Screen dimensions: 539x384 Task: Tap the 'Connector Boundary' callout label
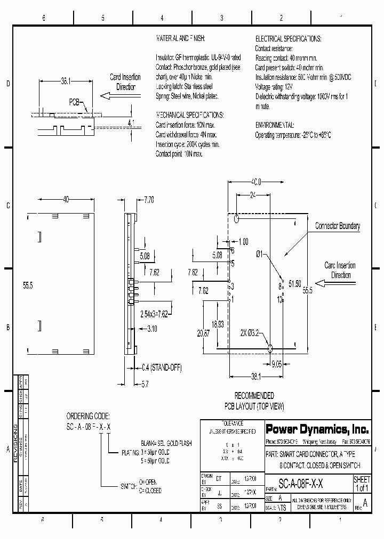tap(337, 226)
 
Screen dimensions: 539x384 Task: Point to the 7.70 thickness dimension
tap(149, 200)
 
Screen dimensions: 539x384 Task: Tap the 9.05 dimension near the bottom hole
tap(276, 364)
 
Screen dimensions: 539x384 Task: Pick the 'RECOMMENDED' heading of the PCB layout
tap(254, 396)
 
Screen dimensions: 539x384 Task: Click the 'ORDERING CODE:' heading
tap(88, 415)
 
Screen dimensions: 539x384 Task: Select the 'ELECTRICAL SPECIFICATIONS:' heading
tap(288, 39)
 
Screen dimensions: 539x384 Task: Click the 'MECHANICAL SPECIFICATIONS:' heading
tap(190, 115)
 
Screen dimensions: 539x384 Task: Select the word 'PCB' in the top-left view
tap(74, 102)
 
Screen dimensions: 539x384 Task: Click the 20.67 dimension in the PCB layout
tap(203, 332)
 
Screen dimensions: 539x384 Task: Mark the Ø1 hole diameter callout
tap(259, 255)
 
